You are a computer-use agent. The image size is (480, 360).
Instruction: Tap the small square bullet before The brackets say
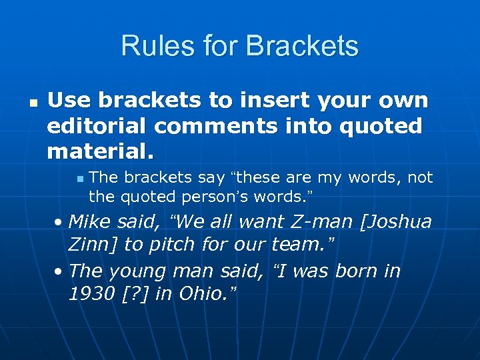click(x=79, y=179)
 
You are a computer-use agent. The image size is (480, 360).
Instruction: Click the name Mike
click(x=90, y=221)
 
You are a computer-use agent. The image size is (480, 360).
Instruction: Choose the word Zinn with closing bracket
click(x=94, y=245)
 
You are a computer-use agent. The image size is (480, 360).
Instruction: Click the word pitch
click(x=170, y=245)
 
